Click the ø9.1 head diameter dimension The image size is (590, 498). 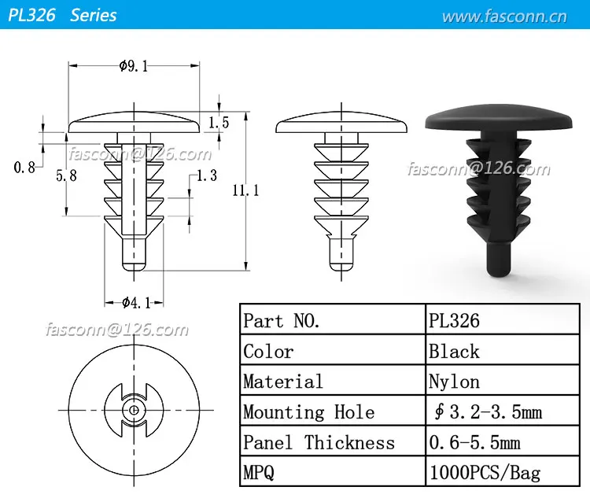click(x=135, y=67)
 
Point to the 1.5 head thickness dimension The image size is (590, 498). click(x=219, y=122)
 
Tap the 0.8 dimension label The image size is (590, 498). click(x=24, y=167)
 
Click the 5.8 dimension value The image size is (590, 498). click(x=66, y=176)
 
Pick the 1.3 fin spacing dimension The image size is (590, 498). click(x=206, y=175)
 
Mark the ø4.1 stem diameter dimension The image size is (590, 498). click(x=135, y=302)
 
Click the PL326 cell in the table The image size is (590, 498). click(x=455, y=320)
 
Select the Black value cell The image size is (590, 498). click(x=454, y=351)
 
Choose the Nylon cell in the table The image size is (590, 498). click(x=454, y=382)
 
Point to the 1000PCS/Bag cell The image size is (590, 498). click(x=485, y=474)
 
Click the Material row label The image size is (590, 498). click(x=283, y=382)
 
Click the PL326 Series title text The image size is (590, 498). click(x=62, y=14)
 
